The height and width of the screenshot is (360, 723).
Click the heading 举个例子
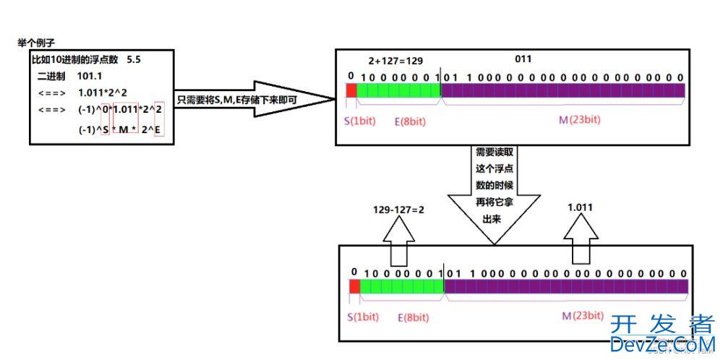point(36,43)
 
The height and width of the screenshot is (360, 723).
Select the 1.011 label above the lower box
point(581,207)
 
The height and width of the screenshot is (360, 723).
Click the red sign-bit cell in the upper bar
point(351,90)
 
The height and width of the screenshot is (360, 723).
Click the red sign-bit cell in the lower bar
point(354,286)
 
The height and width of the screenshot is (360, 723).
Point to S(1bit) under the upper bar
point(360,121)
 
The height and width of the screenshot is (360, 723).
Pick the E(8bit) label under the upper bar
point(410,121)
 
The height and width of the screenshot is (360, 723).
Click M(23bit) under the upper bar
point(579,120)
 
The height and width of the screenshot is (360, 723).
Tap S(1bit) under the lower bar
point(363,317)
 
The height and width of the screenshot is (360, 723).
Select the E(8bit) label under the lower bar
point(413,317)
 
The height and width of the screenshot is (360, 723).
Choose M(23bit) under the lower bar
point(583,316)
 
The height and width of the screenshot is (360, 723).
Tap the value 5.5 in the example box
point(133,59)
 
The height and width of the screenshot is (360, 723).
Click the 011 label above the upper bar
point(523,59)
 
